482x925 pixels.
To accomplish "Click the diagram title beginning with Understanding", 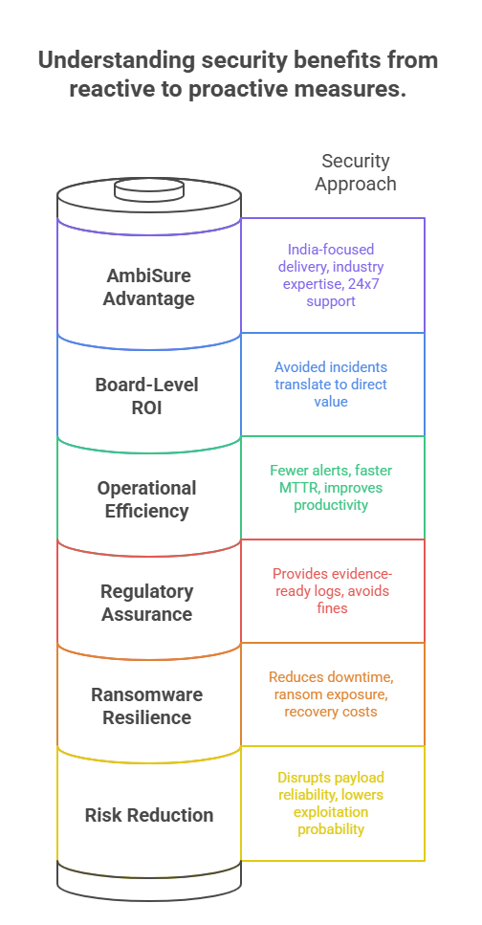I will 240,75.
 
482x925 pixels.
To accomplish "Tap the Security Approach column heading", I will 355,172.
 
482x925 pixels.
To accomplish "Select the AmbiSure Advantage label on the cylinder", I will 148,287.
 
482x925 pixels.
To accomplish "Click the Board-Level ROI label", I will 148,398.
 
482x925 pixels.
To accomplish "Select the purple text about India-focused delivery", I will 332,275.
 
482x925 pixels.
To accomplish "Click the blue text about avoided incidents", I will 332,385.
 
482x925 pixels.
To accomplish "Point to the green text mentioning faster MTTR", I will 332,487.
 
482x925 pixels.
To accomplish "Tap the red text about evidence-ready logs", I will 332,590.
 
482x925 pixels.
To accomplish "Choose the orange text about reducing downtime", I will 332,694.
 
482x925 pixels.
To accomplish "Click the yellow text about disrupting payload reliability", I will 332,804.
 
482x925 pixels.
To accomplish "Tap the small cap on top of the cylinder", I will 148,188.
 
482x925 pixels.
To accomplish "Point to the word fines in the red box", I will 332,607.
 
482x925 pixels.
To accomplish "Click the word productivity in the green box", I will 332,504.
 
